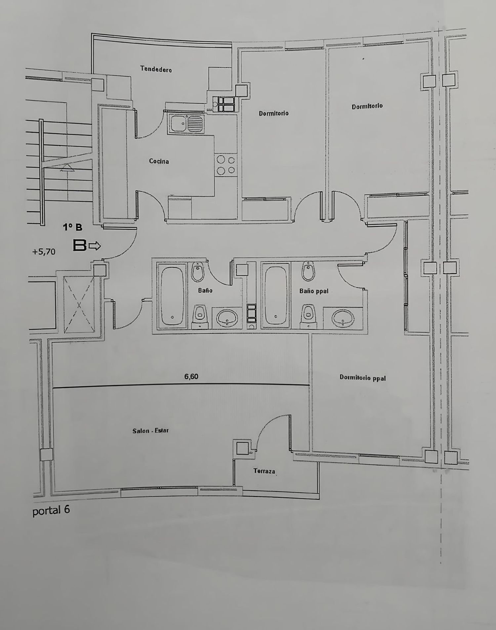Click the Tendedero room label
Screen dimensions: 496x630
(156, 69)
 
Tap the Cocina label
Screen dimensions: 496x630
(159, 161)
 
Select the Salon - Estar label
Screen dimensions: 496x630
(150, 431)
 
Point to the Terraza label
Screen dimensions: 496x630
(264, 471)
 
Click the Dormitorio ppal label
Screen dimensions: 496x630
(363, 378)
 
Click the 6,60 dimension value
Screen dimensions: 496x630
(191, 376)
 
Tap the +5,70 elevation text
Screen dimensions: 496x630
(44, 252)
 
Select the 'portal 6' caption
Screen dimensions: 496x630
(51, 510)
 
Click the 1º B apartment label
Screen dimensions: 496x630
(73, 227)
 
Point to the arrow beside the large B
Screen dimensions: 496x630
(95, 246)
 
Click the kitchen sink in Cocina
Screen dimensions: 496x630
(186, 124)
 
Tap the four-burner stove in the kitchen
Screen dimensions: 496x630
(226, 165)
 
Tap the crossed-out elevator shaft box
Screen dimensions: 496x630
(79, 304)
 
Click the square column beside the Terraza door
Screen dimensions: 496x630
(243, 448)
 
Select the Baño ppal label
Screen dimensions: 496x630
(313, 291)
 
